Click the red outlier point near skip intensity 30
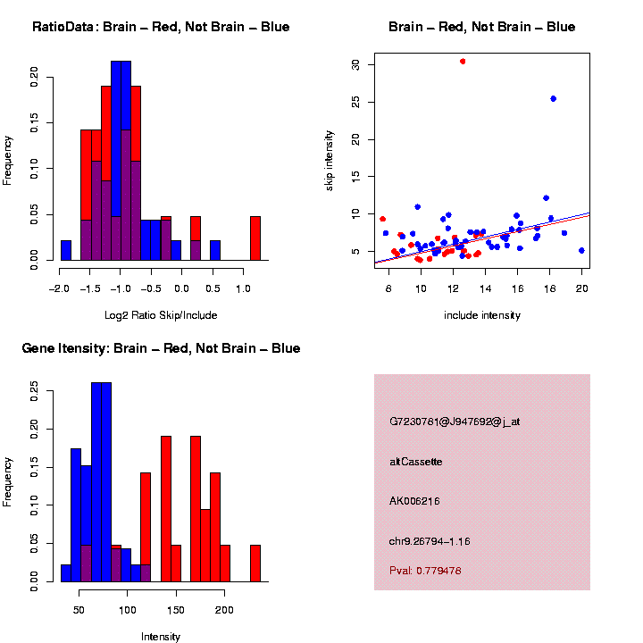(463, 62)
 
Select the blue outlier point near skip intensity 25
(553, 99)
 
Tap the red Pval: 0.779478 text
(425, 571)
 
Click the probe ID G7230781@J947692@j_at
(455, 422)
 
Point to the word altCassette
(416, 462)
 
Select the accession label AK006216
(414, 501)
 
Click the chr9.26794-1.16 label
(430, 541)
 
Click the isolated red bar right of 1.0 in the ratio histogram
(255, 238)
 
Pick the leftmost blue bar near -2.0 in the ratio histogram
(66, 250)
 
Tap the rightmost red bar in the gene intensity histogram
(255, 564)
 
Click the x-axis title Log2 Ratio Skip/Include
(161, 315)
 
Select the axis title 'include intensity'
(482, 315)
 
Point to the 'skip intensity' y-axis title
(329, 161)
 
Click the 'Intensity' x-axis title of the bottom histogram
(161, 637)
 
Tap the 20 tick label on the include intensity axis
(581, 288)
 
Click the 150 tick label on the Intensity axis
(176, 610)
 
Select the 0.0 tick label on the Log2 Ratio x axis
(181, 288)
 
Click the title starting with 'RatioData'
(161, 27)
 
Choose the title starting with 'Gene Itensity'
(161, 348)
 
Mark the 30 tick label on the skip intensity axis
(355, 65)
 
